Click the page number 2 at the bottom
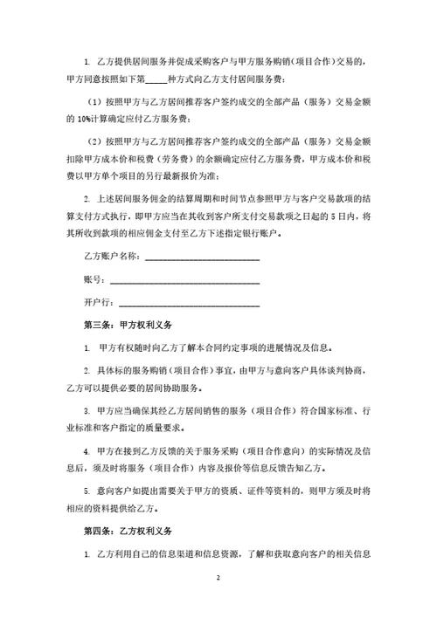tap(218, 579)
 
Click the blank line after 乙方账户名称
tap(201, 257)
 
